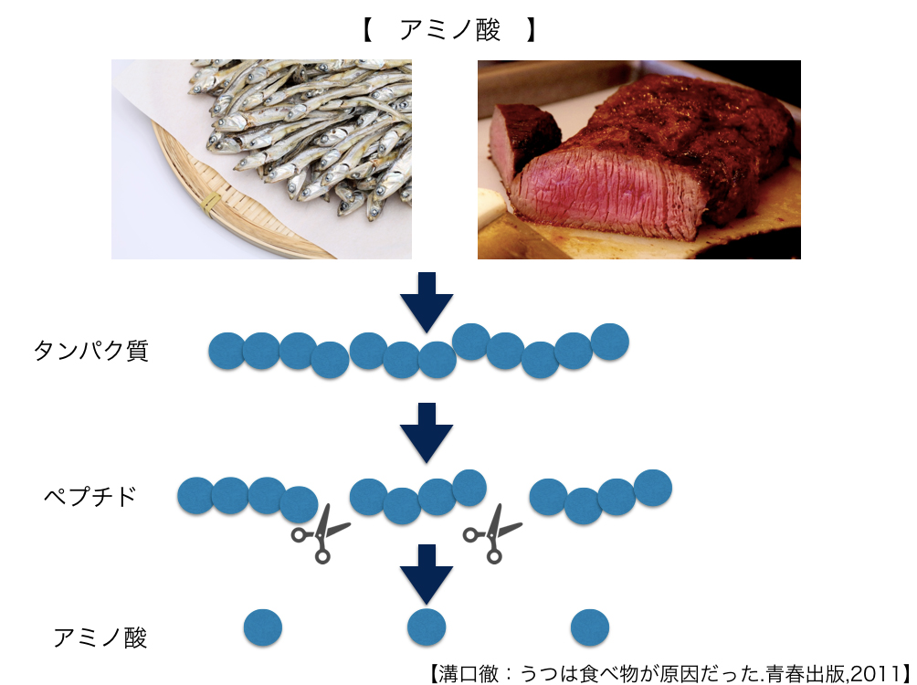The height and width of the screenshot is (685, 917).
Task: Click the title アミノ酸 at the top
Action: (449, 31)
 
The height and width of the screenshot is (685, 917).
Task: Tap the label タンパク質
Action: (90, 351)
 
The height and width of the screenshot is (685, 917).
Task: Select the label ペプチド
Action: (90, 496)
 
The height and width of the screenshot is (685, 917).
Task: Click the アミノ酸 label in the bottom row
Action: (100, 637)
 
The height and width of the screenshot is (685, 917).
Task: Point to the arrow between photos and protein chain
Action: (427, 300)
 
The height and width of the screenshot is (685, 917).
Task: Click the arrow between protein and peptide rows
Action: (427, 431)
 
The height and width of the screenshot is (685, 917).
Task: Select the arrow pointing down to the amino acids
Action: (427, 574)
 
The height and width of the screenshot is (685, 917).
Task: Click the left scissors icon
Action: (321, 532)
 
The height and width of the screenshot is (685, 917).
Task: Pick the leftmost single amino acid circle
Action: (263, 627)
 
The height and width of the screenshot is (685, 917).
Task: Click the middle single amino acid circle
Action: (427, 627)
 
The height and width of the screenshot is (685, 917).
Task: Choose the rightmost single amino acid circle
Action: (590, 627)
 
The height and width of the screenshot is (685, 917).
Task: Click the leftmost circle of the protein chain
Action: (226, 351)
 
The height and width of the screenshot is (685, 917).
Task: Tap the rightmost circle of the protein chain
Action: (610, 342)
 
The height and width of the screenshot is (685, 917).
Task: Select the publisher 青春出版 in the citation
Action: (800, 673)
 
